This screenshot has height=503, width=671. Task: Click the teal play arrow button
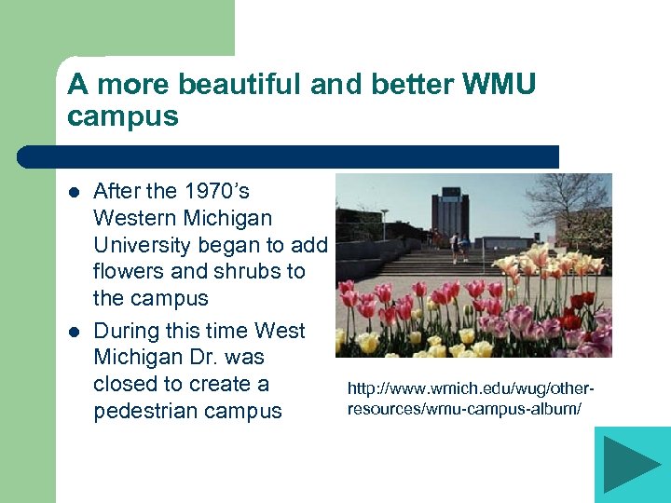pyautogui.click(x=632, y=464)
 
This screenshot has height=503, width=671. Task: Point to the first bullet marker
pyautogui.click(x=75, y=192)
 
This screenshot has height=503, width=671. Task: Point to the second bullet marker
pyautogui.click(x=75, y=332)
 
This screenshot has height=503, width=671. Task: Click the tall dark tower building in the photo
pyautogui.click(x=450, y=212)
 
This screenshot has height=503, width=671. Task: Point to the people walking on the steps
pyautogui.click(x=457, y=246)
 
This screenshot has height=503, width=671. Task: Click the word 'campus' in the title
pyautogui.click(x=123, y=118)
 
